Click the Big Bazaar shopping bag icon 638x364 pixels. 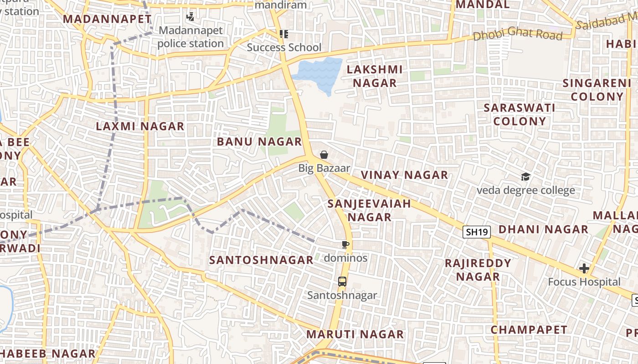coord(324,155)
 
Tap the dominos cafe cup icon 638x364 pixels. coord(345,245)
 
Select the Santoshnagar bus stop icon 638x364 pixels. coord(342,282)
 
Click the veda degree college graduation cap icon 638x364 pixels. coord(525,177)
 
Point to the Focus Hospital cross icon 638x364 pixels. coord(584,268)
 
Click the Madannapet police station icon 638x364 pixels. coord(190,17)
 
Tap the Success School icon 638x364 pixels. coord(284,34)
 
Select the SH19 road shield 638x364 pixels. coord(477,232)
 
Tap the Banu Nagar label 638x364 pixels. coord(259,142)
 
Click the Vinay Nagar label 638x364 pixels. coord(404,175)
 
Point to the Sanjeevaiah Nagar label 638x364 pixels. coord(369,210)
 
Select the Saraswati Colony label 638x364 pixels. coord(520,115)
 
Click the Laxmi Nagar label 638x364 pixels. coord(140,126)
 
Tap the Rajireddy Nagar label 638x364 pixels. coord(478,270)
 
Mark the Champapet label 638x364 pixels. coord(529,330)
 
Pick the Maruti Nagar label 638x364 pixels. coord(355,334)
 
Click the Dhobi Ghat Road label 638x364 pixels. coord(517,34)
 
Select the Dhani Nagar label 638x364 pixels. coord(543,229)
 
